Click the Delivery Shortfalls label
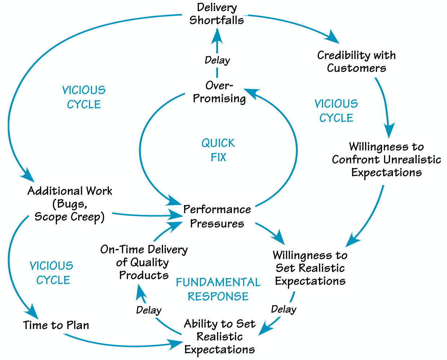[x=217, y=14]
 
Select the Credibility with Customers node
[x=356, y=62]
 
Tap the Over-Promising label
[x=219, y=92]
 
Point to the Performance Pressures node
[x=217, y=216]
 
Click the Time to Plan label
[x=56, y=325]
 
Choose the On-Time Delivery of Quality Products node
[x=144, y=262]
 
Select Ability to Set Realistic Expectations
[x=220, y=337]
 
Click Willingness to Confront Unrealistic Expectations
[x=386, y=159]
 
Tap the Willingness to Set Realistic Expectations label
[x=310, y=268]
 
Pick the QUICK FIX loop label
[x=218, y=150]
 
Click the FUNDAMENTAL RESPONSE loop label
[x=218, y=289]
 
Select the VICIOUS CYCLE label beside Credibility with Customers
[x=336, y=111]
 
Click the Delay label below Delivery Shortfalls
[x=217, y=60]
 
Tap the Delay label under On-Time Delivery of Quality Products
[x=149, y=310]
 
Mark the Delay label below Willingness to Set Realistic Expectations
[x=284, y=309]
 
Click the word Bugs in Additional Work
[x=70, y=204]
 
